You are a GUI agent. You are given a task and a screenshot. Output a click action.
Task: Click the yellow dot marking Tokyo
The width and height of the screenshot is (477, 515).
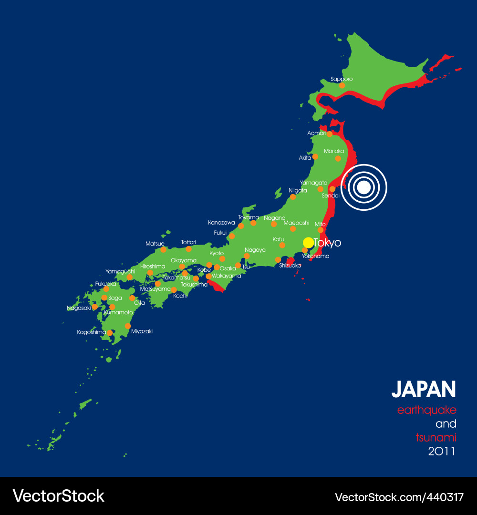point(308,242)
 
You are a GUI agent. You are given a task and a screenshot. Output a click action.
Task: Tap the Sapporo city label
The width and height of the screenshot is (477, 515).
point(342,79)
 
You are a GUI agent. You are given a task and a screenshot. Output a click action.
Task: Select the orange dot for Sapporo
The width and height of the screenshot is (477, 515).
point(342,85)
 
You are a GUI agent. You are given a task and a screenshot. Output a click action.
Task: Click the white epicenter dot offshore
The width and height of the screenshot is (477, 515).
point(364,187)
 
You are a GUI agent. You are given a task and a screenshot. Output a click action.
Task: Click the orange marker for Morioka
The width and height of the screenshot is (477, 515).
point(338,158)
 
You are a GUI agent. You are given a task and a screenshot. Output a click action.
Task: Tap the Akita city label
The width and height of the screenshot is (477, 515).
point(305,157)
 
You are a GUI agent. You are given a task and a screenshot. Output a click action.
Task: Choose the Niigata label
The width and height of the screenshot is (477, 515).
point(298,190)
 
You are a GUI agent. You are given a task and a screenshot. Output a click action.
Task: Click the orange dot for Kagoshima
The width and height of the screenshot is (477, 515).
point(109,333)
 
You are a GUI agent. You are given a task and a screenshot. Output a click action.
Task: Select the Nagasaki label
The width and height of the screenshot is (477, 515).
point(79,308)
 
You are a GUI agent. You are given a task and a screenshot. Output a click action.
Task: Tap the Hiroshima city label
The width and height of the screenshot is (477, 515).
point(153,266)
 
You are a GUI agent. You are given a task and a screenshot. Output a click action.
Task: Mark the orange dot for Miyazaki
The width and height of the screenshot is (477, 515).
point(127,326)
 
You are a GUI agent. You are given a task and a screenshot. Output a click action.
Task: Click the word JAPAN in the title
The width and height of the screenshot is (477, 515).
point(424,390)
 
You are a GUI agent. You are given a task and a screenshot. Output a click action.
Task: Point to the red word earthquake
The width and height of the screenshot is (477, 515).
point(427,410)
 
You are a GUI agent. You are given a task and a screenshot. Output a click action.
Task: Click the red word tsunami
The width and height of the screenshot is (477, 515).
point(436,437)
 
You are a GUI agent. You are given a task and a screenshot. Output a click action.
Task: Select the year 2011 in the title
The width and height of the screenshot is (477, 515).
point(442,451)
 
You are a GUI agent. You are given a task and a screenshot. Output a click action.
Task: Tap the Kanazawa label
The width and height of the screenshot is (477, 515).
point(221,223)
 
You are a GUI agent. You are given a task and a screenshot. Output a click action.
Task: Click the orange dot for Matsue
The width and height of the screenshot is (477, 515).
point(163,249)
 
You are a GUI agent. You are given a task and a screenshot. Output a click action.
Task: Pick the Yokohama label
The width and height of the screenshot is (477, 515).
point(315,256)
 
